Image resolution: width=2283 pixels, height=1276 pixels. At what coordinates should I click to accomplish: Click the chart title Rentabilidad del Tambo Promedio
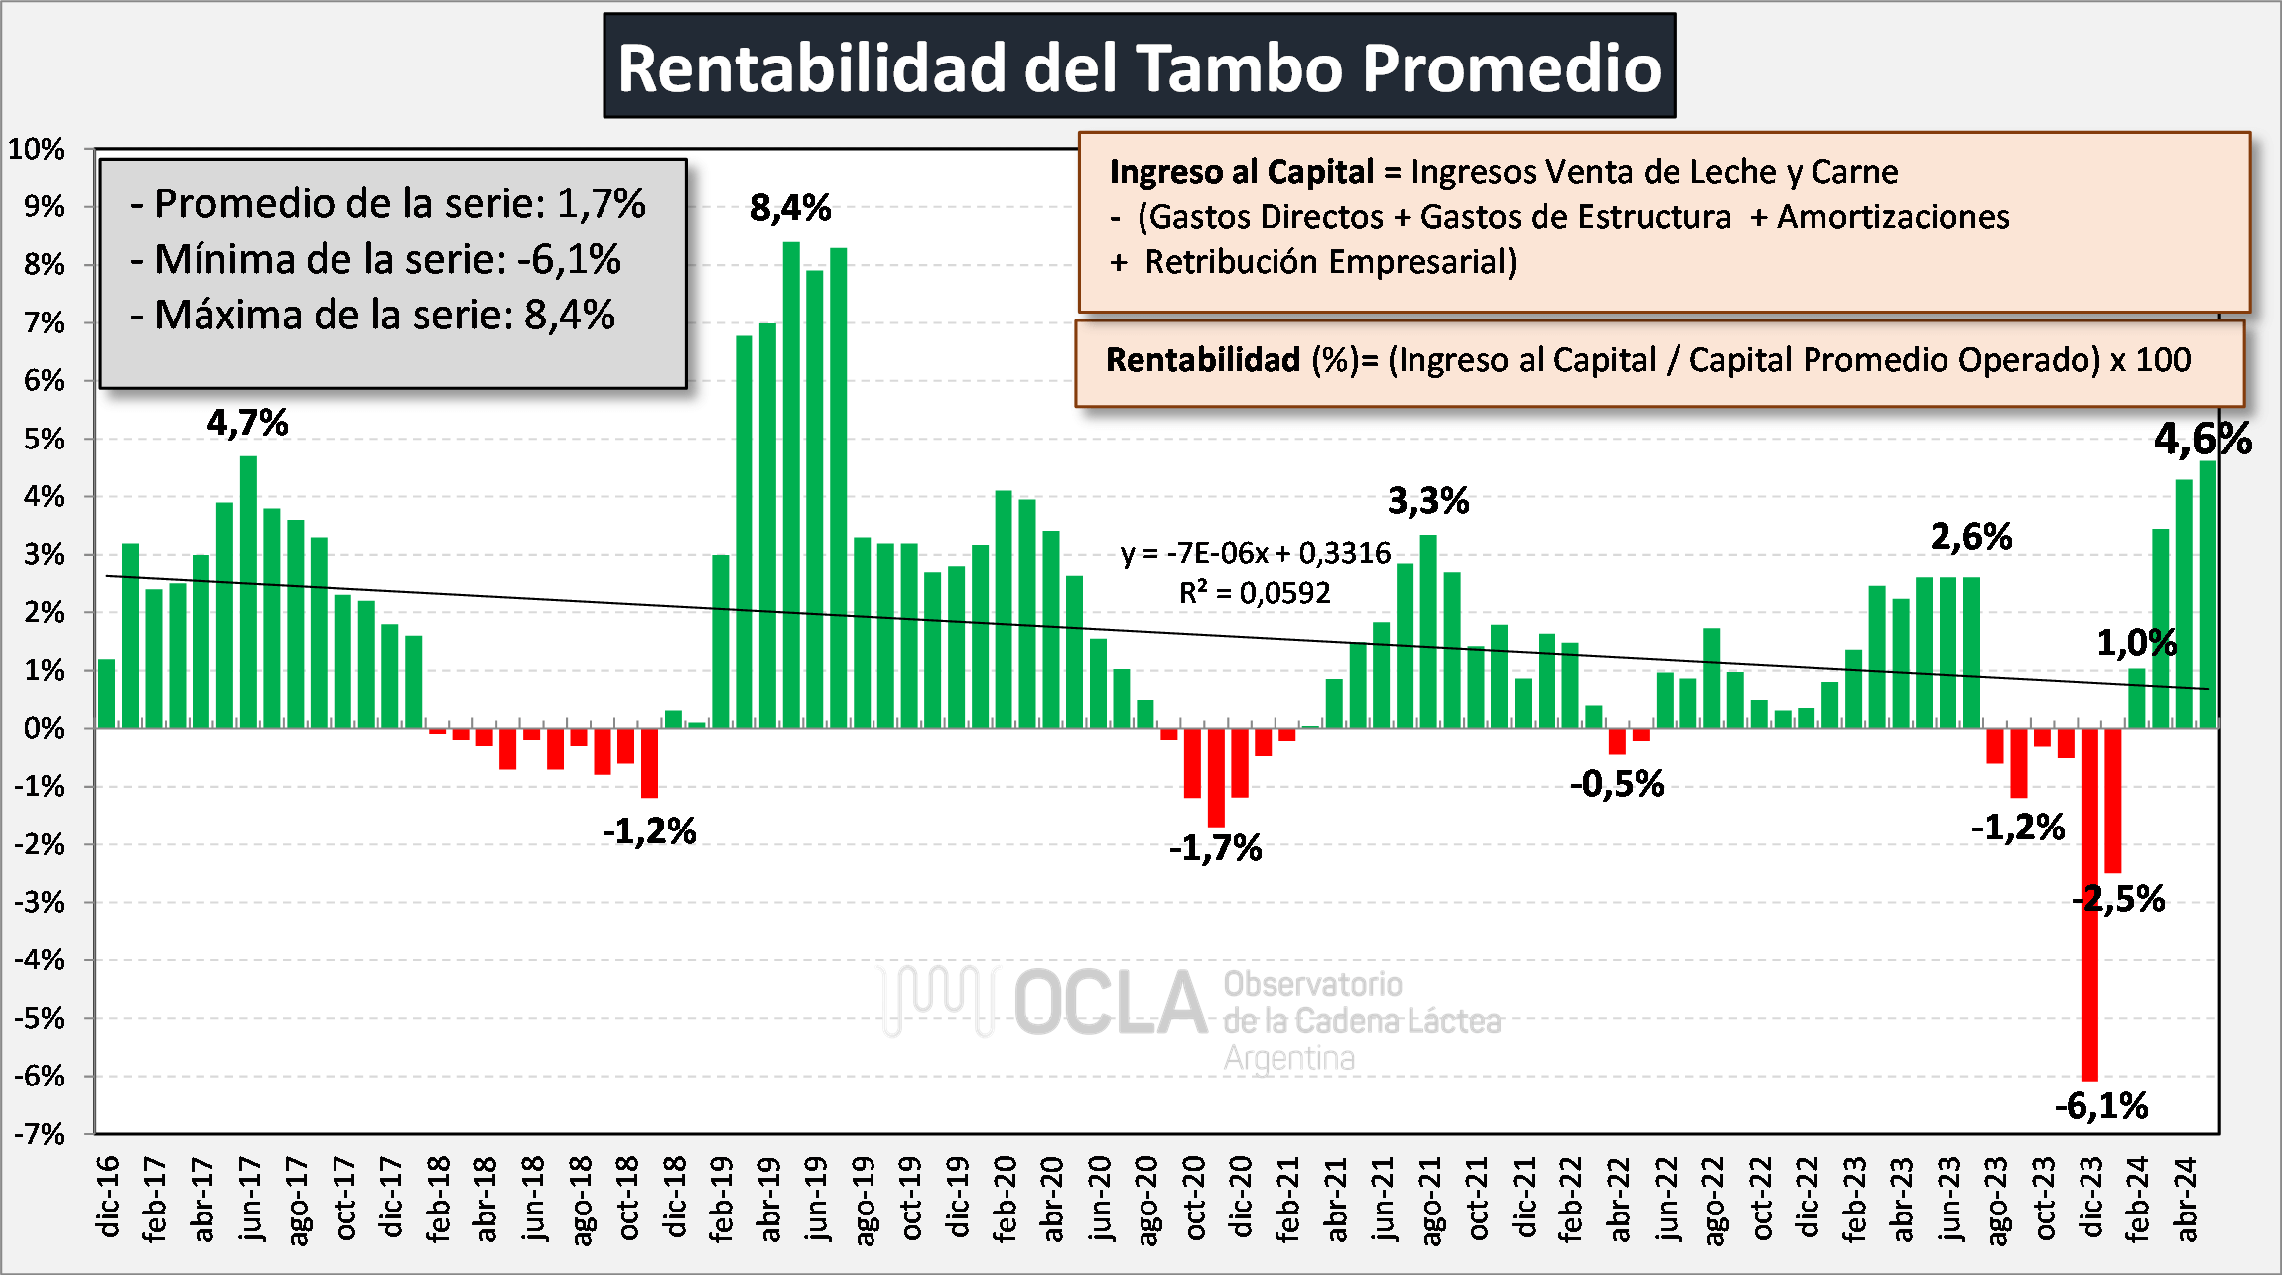tap(1139, 67)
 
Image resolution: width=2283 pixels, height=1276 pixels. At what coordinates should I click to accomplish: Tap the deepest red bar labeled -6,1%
tap(2089, 903)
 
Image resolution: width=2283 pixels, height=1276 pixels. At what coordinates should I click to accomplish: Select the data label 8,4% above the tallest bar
tap(790, 208)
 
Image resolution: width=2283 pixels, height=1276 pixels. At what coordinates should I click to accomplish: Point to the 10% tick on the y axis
tap(36, 150)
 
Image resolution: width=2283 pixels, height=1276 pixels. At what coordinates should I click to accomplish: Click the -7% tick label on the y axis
tap(38, 1134)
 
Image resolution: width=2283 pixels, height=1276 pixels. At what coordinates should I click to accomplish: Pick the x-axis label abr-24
tap(2185, 1199)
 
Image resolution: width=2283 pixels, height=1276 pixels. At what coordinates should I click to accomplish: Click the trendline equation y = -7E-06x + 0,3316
tap(1256, 553)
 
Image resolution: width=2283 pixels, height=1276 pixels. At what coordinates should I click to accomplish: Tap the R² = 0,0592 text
tap(1254, 593)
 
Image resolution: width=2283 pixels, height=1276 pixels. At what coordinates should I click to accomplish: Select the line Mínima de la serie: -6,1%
tap(375, 260)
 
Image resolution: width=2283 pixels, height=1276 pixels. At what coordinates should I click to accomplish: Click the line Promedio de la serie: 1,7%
tap(387, 204)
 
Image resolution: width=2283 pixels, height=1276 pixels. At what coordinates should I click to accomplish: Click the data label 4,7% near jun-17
tap(247, 424)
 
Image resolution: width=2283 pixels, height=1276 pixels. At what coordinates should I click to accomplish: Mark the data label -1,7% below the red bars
tap(1215, 849)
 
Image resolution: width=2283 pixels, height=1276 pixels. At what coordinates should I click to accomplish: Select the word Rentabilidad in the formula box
tap(1202, 360)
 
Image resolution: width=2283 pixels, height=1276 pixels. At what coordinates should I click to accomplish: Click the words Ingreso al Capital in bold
tap(1241, 172)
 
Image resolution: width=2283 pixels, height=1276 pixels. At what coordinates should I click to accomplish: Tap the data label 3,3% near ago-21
tap(1427, 502)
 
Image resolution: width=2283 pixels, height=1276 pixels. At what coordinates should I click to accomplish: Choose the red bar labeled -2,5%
tap(2112, 800)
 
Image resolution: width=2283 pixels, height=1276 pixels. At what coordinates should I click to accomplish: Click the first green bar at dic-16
tap(106, 694)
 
